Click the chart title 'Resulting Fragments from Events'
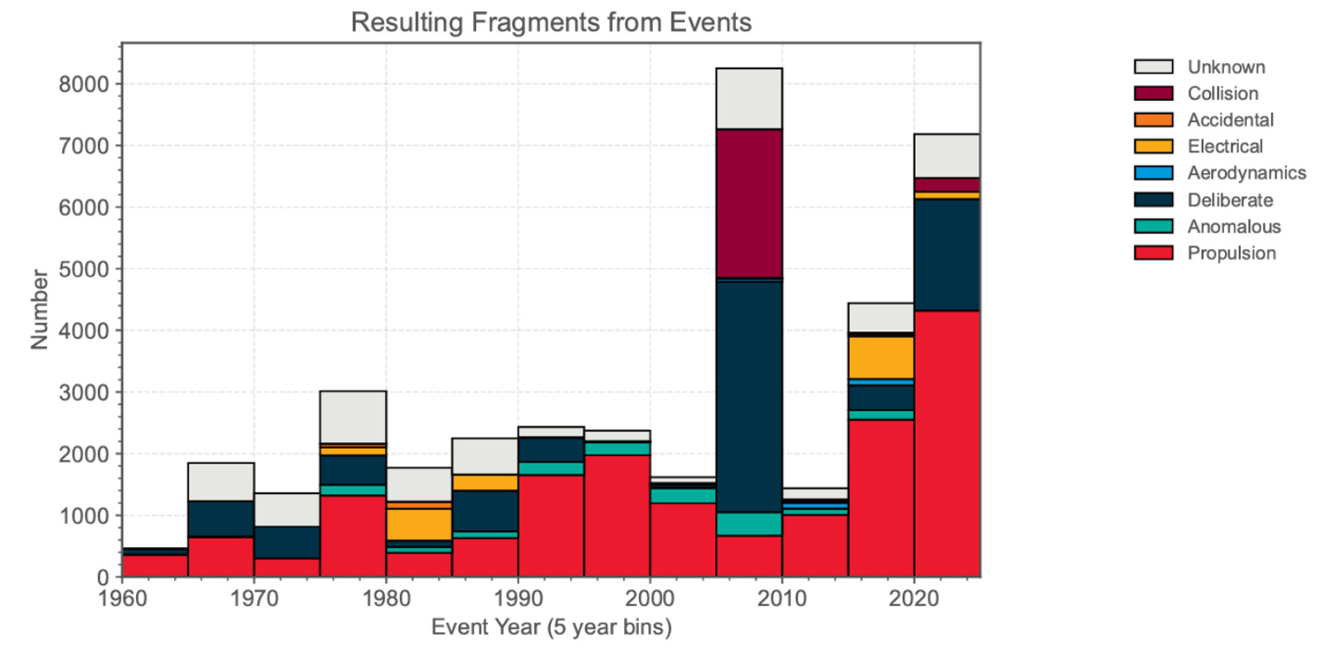tap(551, 22)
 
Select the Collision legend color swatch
tap(1153, 93)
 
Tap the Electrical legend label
tap(1225, 146)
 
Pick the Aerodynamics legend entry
tap(1246, 173)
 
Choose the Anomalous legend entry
tap(1234, 227)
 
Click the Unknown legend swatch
tap(1153, 67)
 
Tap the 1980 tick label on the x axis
tap(386, 597)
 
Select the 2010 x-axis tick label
tap(782, 597)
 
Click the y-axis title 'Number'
tap(39, 309)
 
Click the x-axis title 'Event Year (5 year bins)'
tap(551, 627)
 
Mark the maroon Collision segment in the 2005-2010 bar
tap(749, 203)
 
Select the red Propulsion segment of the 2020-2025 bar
tap(947, 444)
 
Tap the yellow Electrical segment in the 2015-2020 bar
tap(881, 357)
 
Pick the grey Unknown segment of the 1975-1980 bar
tap(353, 416)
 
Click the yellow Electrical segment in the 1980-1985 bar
tap(418, 525)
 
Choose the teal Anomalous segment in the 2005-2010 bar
tap(749, 524)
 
